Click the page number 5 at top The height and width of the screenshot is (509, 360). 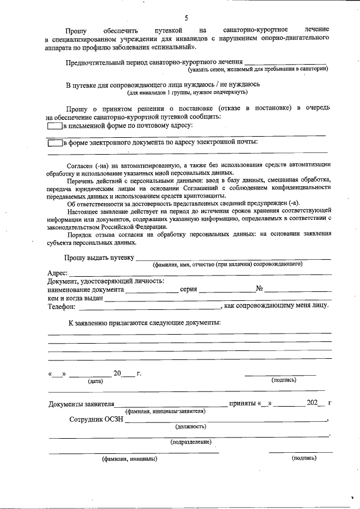click(186, 18)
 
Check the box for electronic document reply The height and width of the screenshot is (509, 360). click(55, 143)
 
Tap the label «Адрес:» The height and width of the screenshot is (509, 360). click(58, 273)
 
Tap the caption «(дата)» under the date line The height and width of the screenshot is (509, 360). click(95, 381)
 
